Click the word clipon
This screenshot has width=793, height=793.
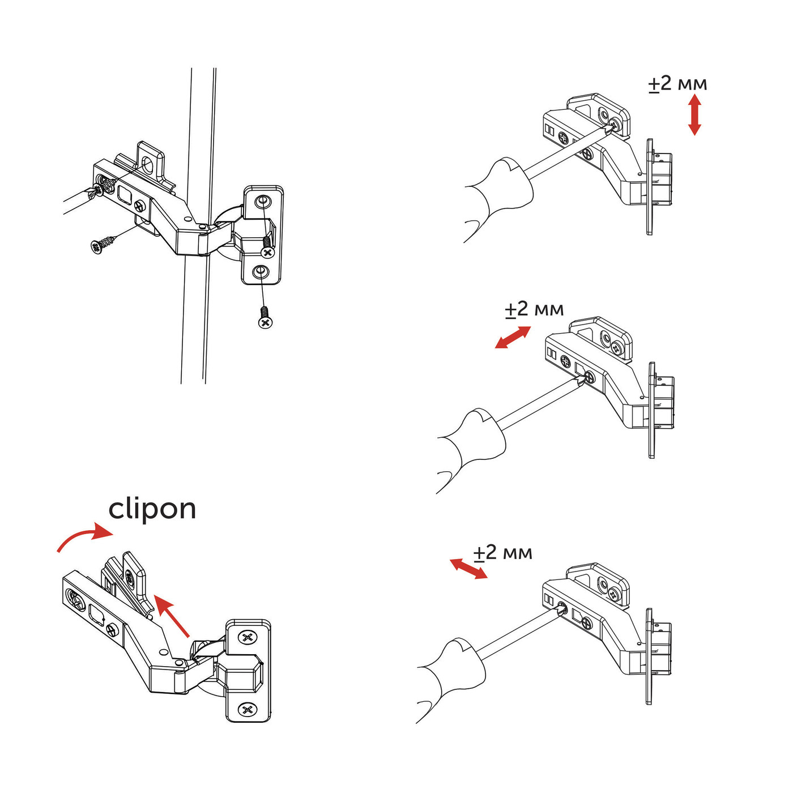pos(152,509)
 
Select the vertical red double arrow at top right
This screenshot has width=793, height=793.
pos(694,115)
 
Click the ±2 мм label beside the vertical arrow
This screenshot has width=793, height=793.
pos(677,84)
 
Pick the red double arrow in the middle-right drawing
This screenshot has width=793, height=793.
pos(513,338)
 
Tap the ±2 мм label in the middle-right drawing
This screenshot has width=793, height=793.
pos(534,309)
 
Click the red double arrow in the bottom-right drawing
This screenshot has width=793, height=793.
pos(468,569)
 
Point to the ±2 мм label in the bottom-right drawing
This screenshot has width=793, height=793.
pos(502,552)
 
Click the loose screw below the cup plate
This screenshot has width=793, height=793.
pos(265,318)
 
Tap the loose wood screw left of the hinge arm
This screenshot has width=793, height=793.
pos(103,245)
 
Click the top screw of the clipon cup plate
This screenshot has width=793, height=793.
pos(247,637)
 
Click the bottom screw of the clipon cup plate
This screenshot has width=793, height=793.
pos(247,709)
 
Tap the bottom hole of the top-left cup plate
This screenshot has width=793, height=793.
pos(259,272)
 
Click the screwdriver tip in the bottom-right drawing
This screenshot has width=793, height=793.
pos(560,609)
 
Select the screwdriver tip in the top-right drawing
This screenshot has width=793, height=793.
pos(612,127)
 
